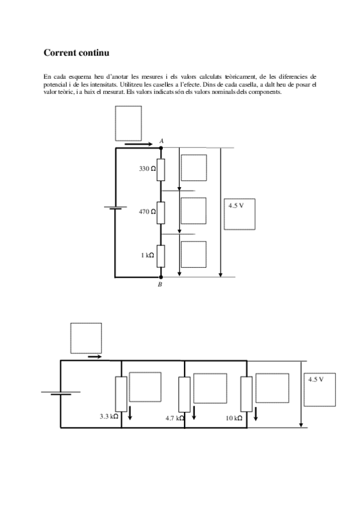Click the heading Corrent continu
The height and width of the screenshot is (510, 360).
(76, 53)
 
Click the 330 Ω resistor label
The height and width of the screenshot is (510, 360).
(147, 168)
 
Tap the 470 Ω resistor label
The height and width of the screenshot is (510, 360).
(147, 212)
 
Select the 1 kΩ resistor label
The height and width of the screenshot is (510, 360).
(147, 256)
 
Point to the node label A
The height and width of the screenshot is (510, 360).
(162, 141)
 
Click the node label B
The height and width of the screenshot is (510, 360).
(160, 284)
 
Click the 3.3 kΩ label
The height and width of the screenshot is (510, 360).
(109, 416)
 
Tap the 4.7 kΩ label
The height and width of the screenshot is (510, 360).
(175, 418)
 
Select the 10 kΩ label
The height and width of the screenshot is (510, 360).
(234, 418)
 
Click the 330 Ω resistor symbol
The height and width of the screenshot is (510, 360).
(161, 170)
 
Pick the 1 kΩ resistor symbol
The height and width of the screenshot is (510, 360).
(161, 256)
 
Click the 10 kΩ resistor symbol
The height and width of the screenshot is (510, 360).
(246, 394)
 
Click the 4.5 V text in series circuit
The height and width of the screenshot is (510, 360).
(236, 206)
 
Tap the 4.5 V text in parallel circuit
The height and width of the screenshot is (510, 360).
(316, 379)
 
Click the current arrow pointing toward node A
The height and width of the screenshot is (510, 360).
(138, 144)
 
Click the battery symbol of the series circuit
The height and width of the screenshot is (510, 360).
(115, 207)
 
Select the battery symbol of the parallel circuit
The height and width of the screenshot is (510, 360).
(61, 393)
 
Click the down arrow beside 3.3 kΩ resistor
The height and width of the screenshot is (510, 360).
(130, 413)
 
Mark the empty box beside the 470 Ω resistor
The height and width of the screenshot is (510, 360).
(194, 210)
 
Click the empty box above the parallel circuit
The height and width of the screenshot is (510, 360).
(86, 338)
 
